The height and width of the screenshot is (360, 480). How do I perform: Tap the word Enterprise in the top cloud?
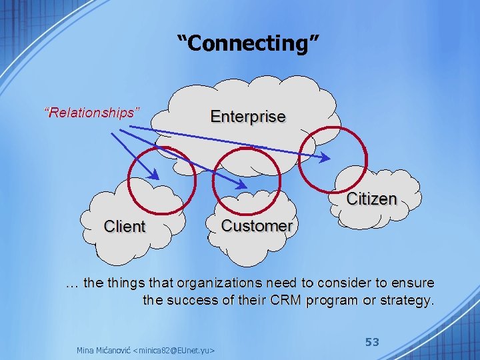point(248,117)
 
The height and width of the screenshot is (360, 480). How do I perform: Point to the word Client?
point(124,227)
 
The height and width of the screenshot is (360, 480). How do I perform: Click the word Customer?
point(257,226)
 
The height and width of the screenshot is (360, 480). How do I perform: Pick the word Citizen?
point(371,199)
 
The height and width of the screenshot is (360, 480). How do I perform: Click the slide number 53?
point(372,342)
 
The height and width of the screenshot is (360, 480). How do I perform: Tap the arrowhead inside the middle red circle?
point(241,183)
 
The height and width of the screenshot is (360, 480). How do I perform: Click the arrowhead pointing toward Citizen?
point(325,158)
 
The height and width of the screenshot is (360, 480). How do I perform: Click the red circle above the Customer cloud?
point(246,179)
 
